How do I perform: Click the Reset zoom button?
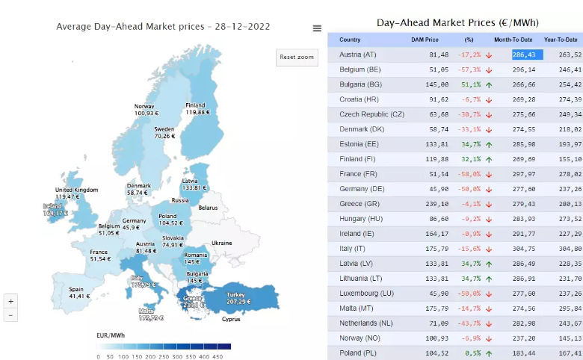point(297,58)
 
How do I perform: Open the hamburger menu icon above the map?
point(317,28)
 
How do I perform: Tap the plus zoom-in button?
point(10,301)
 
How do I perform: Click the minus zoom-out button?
point(10,314)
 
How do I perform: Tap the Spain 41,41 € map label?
point(79,292)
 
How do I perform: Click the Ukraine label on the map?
point(222,243)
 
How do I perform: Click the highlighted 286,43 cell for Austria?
point(527,55)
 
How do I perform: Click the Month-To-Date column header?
point(512,39)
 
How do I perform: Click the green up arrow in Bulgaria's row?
point(488,84)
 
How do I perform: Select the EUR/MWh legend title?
point(111,336)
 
